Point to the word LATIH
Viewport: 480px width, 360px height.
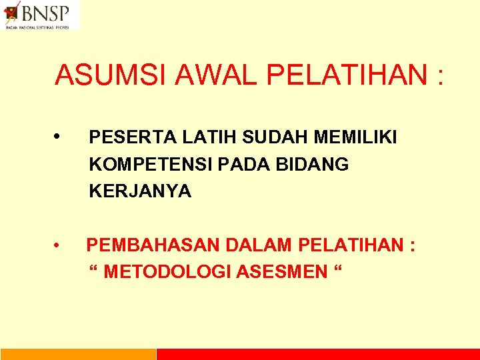(189, 137)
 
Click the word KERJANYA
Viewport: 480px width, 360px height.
(140, 192)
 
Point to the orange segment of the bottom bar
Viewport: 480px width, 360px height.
(78, 354)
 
